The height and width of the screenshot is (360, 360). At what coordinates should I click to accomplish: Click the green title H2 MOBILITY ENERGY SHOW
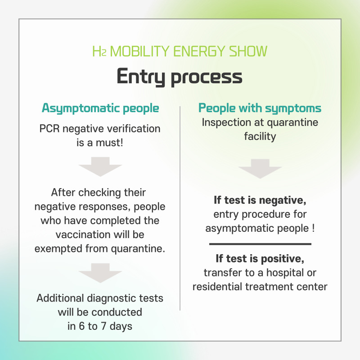point(180,51)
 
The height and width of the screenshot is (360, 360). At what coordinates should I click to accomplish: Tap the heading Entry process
point(180,76)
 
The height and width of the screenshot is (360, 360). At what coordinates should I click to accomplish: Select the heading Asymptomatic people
point(100,108)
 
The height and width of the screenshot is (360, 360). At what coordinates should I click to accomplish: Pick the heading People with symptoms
point(260,108)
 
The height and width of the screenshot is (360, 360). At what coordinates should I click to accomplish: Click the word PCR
point(49,129)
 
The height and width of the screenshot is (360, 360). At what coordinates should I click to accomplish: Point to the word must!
point(109,143)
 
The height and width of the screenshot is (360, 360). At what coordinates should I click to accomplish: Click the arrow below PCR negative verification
point(100,166)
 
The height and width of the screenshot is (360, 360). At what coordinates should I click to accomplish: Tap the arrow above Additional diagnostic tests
point(100,273)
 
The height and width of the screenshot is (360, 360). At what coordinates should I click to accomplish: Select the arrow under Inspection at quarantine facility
point(260,169)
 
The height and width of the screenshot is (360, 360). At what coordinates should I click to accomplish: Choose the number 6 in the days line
point(82,326)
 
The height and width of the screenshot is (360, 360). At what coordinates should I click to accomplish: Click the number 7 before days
point(103,326)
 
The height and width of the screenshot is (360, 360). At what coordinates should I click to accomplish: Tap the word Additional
point(60,298)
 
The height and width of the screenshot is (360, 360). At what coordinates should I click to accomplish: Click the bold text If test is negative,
point(260,200)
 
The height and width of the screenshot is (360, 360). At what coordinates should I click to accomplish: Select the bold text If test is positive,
point(260,259)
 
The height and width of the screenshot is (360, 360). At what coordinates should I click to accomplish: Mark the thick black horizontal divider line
point(260,244)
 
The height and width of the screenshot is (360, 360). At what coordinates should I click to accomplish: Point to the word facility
point(260,137)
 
